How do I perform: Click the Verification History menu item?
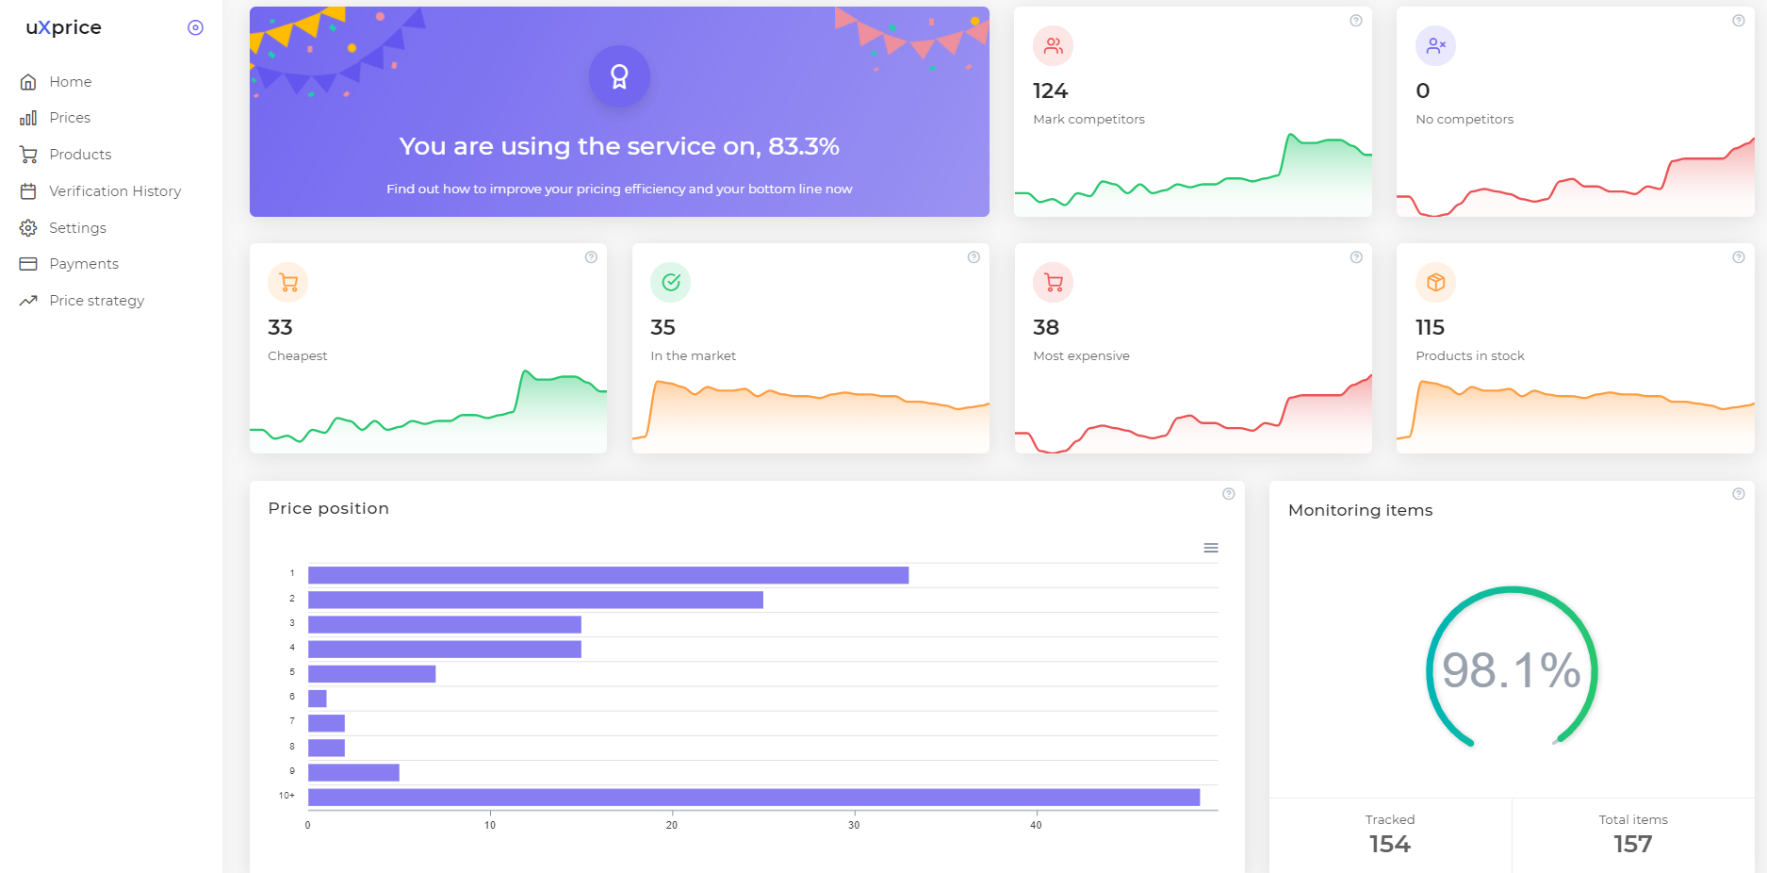tap(101, 191)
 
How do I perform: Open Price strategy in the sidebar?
tap(82, 301)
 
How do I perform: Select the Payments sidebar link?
tap(69, 264)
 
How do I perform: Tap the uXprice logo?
tap(63, 27)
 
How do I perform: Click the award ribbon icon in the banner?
tap(619, 76)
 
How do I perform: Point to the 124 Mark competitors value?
tap(1050, 91)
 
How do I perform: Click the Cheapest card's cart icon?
tap(288, 282)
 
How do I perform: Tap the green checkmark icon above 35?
tap(671, 282)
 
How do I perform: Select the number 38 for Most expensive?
tap(1046, 328)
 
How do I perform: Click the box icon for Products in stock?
tap(1435, 282)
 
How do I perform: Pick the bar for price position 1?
tap(608, 575)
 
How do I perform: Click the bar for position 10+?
tap(754, 798)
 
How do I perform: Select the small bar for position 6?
tap(318, 699)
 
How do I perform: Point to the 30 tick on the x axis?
tap(854, 825)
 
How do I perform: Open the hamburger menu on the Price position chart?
tap(1211, 548)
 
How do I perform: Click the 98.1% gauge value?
tap(1512, 670)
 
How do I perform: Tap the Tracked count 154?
tap(1390, 844)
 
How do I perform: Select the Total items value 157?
tap(1633, 844)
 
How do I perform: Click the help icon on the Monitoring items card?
tap(1739, 494)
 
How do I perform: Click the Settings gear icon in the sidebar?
tap(28, 228)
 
